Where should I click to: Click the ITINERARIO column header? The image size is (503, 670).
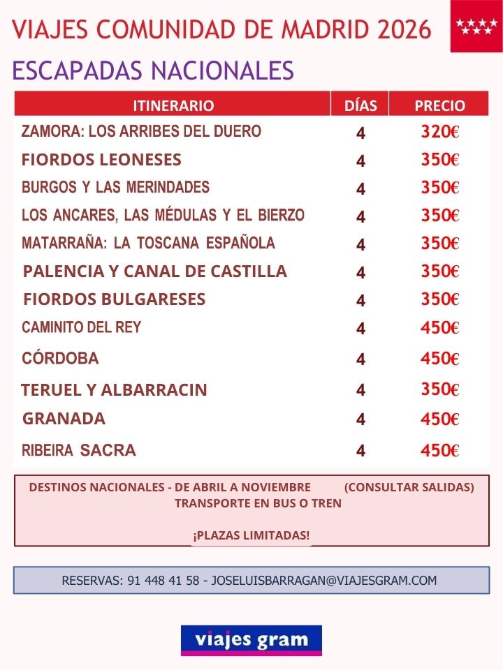click(x=173, y=105)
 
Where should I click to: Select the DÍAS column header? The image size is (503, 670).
click(x=360, y=105)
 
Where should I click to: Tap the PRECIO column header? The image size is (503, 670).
click(x=439, y=105)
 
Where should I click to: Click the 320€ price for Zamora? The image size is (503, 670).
click(x=439, y=132)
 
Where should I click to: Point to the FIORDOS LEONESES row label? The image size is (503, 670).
click(x=101, y=160)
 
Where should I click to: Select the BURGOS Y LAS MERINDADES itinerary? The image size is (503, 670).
click(x=115, y=187)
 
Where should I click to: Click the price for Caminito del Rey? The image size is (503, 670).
click(x=439, y=327)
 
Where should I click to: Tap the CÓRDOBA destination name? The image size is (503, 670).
click(x=60, y=359)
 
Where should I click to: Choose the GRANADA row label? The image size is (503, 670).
click(x=64, y=419)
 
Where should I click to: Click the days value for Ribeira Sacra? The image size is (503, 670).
click(x=360, y=451)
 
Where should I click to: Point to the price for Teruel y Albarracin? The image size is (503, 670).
click(x=439, y=389)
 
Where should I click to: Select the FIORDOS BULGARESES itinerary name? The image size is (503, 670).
click(x=115, y=299)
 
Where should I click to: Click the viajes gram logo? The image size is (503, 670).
click(x=251, y=640)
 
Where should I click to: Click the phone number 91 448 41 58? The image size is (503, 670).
click(x=163, y=580)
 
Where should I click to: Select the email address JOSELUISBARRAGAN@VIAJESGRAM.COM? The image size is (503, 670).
click(x=323, y=580)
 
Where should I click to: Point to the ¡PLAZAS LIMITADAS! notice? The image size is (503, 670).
click(x=251, y=535)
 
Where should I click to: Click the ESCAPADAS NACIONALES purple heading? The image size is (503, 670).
click(x=153, y=70)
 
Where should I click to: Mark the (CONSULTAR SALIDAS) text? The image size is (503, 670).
click(x=409, y=487)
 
